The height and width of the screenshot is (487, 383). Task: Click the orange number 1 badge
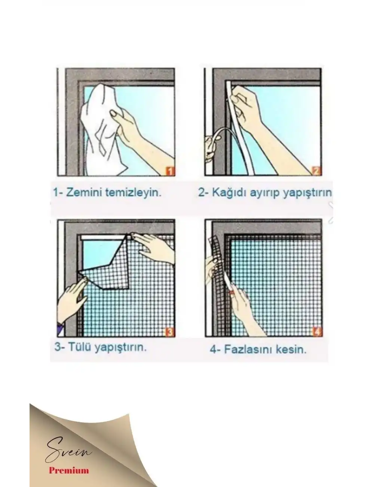coord(170,172)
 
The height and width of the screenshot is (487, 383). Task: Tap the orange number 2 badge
coord(316,172)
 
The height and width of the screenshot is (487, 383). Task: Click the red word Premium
coord(69,470)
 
